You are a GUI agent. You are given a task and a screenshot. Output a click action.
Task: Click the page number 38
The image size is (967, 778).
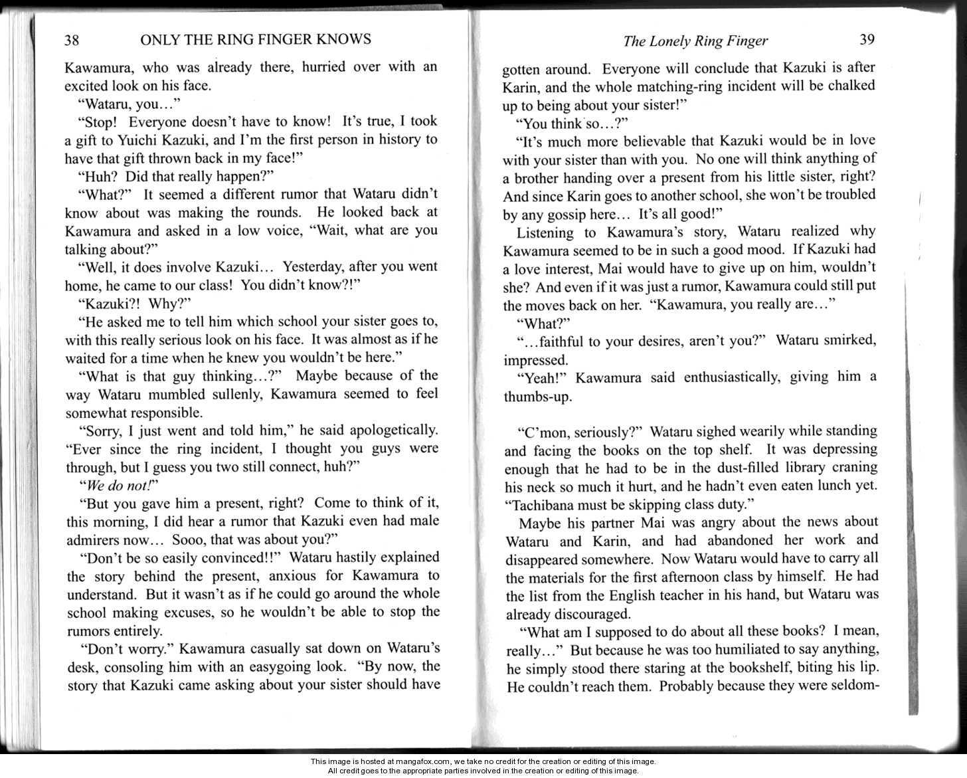[72, 41]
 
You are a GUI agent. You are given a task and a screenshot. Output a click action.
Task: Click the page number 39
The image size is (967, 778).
[867, 39]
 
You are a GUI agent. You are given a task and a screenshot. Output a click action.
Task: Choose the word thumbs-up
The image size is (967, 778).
[532, 397]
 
